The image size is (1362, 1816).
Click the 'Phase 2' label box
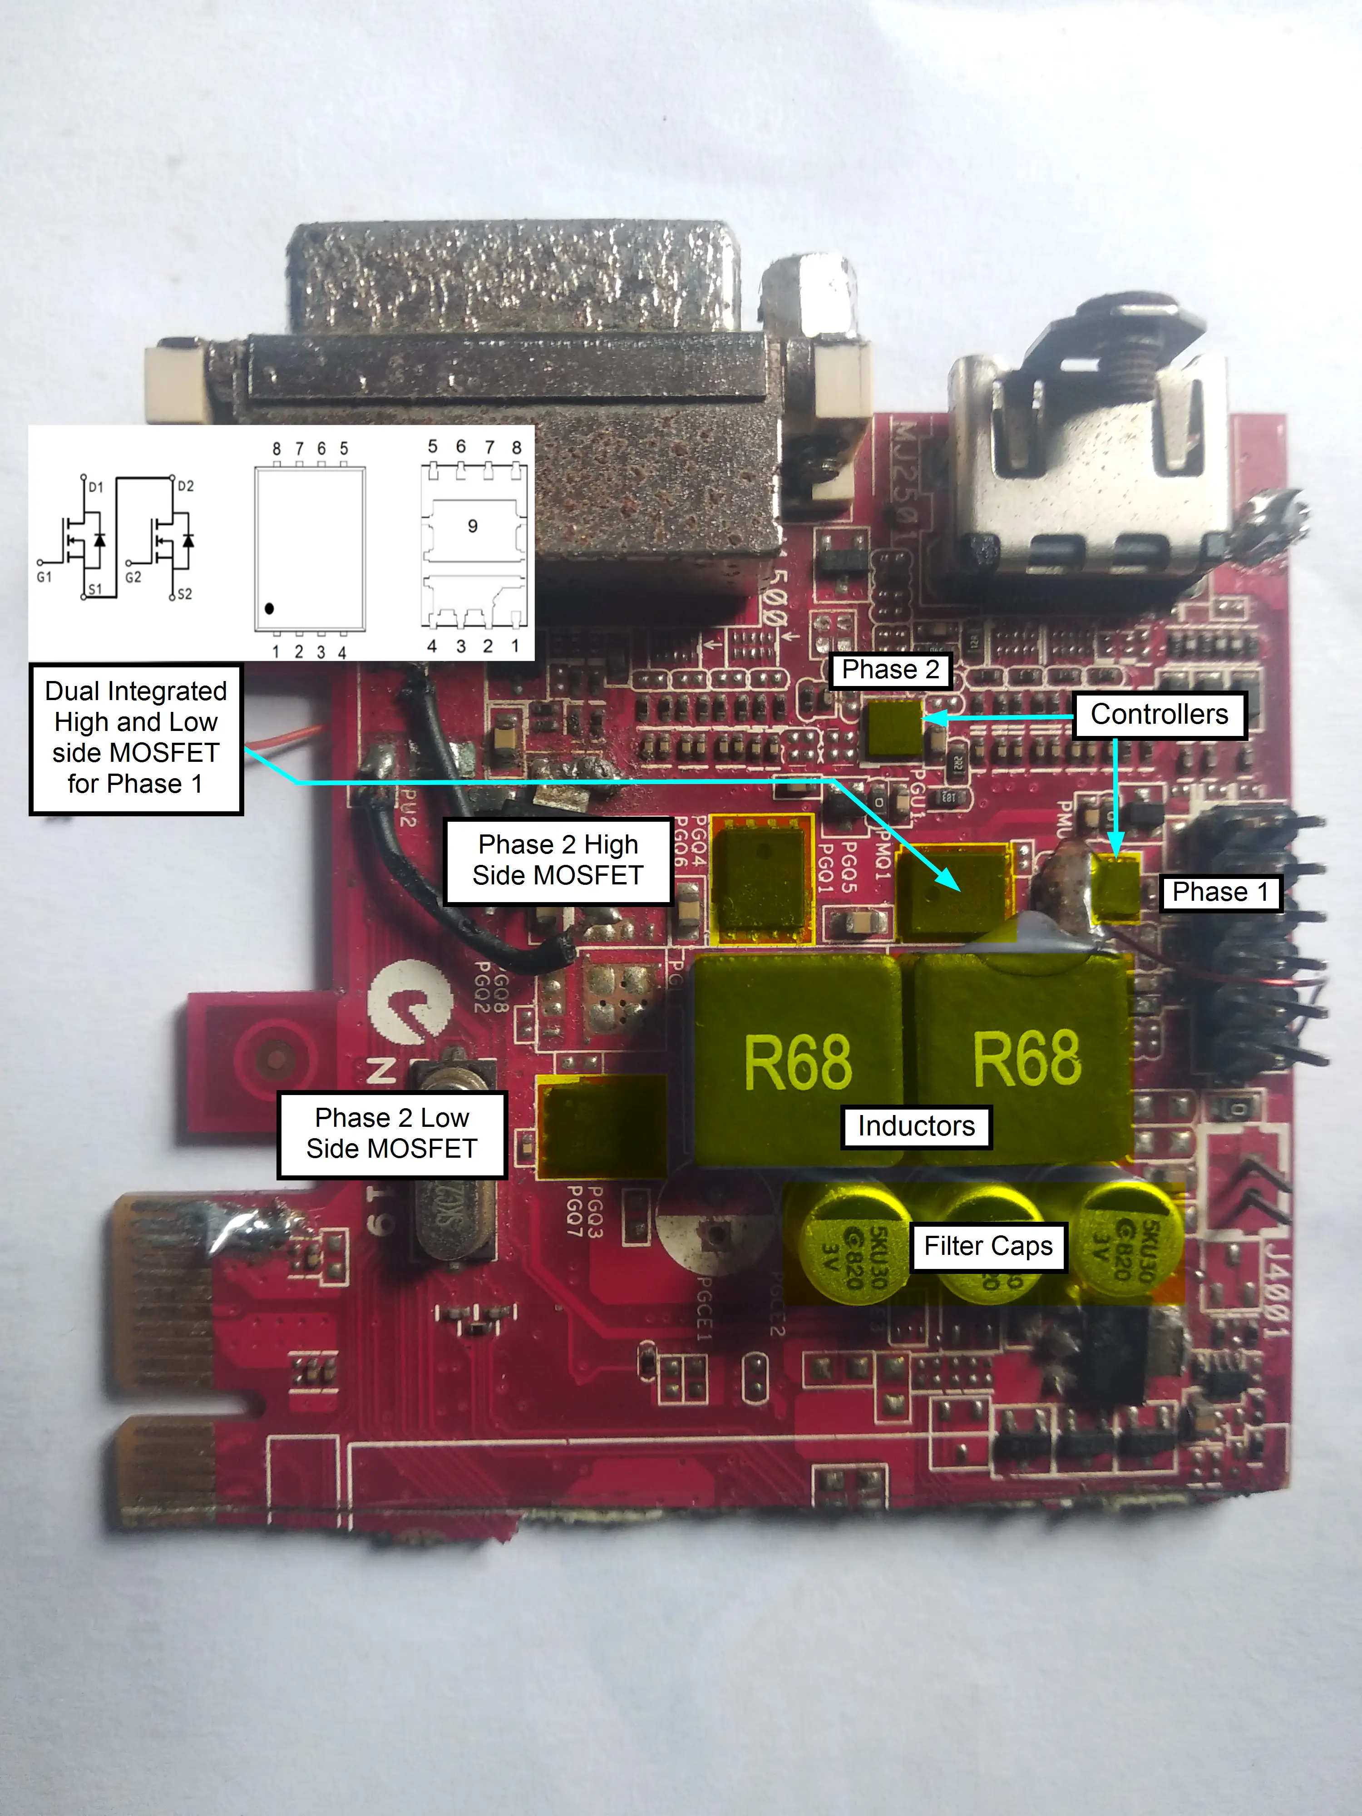click(891, 670)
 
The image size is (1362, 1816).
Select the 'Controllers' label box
click(1159, 715)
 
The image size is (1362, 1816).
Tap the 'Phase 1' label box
click(1220, 893)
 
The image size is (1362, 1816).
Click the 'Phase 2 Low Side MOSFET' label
click(392, 1134)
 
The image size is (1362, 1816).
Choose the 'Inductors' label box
click(916, 1126)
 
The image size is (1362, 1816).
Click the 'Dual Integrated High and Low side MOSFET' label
click(135, 738)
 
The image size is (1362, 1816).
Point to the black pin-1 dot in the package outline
click(269, 608)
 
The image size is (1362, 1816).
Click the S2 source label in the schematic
click(185, 593)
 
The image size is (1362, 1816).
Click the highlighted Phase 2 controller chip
click(895, 726)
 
